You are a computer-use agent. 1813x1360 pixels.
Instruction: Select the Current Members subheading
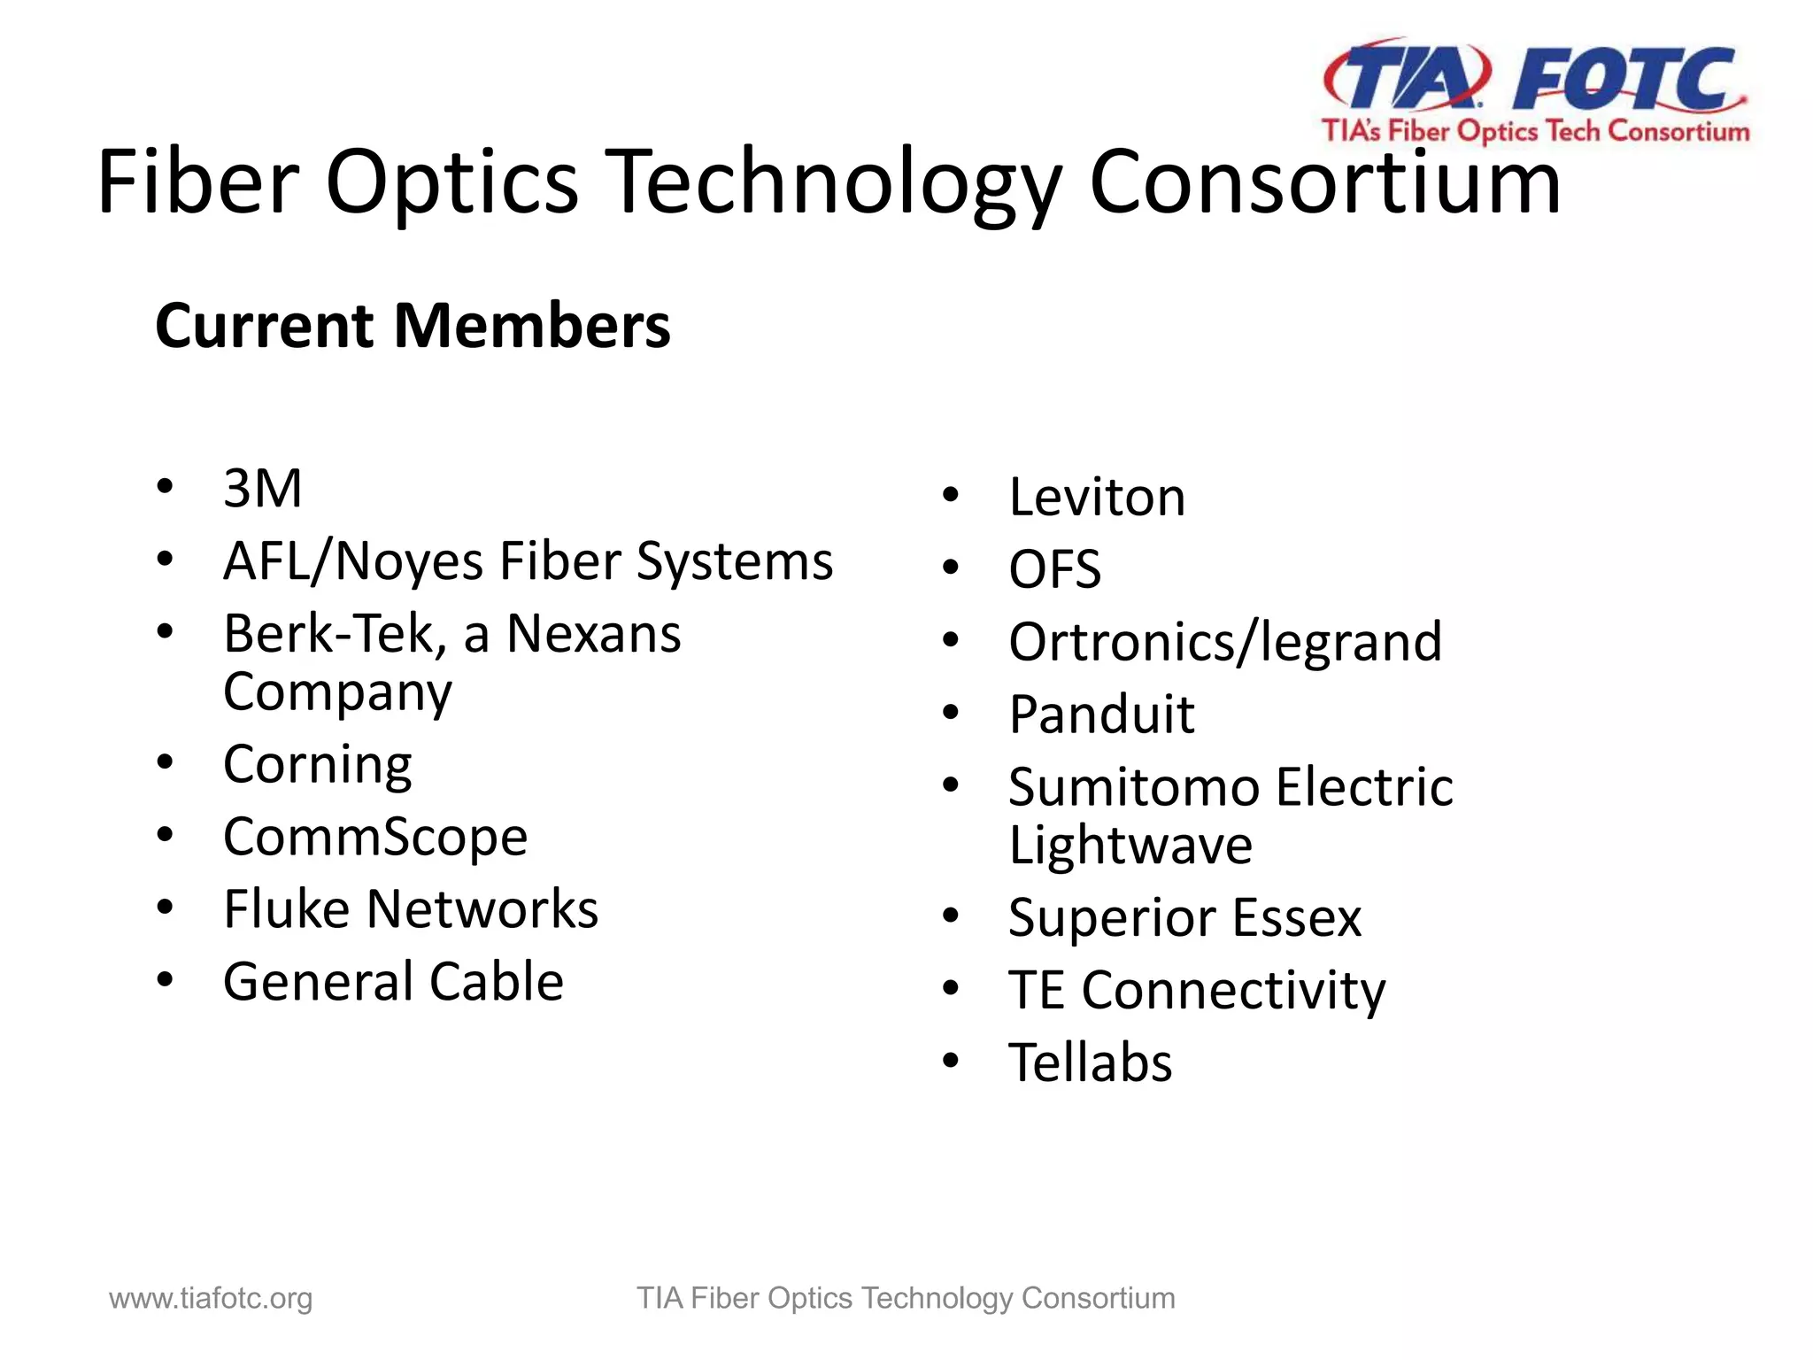coord(413,326)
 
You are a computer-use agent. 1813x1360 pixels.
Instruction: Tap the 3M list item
coord(263,488)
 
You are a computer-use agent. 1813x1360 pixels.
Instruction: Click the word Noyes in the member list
coord(410,561)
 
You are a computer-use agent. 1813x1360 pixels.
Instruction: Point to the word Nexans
coord(593,634)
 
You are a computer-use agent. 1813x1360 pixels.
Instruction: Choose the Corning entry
coord(317,764)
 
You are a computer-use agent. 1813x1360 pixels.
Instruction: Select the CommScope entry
coord(374,837)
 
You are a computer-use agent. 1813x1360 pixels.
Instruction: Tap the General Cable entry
coord(393,982)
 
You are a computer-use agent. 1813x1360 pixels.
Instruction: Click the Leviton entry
coord(1096,497)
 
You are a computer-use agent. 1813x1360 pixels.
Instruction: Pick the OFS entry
coord(1054,569)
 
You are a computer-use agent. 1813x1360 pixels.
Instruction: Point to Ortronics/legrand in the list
coord(1224,642)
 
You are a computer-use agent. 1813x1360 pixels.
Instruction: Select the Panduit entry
coord(1101,715)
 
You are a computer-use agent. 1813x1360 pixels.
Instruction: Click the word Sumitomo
coord(1134,787)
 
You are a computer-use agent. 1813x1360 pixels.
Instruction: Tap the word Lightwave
coord(1130,846)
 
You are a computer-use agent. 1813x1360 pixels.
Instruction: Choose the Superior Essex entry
coord(1184,918)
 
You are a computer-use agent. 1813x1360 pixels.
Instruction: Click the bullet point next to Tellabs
coord(951,1061)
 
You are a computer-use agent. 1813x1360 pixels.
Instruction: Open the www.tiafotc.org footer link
coord(211,1298)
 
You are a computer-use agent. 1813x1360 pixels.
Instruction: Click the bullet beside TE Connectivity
coord(951,988)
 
